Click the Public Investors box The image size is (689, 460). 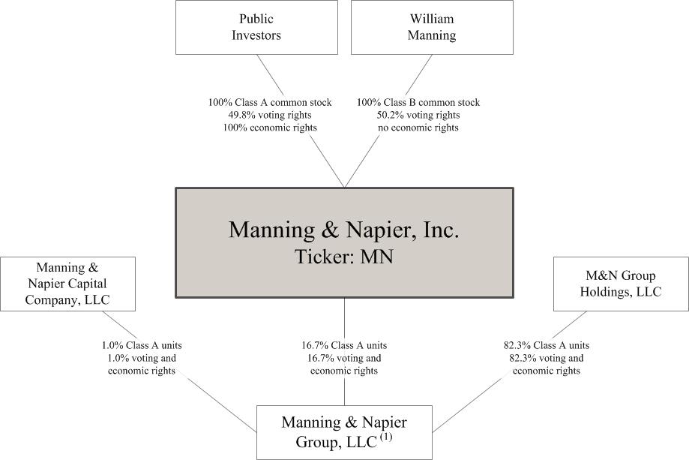click(256, 27)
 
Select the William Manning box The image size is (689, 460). click(432, 27)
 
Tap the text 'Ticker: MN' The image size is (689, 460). click(343, 257)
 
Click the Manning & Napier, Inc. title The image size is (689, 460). click(343, 230)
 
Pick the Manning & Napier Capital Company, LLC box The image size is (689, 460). click(67, 284)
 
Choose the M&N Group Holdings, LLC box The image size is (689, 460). click(621, 284)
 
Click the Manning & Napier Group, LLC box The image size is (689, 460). click(345, 432)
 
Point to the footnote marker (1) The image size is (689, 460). click(386, 437)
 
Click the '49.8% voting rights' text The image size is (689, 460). click(270, 116)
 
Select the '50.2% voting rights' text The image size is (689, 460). click(418, 116)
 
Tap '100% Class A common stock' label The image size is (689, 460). click(270, 103)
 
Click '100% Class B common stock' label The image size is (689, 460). click(418, 103)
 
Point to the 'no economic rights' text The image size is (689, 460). click(418, 128)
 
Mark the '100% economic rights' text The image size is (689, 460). click(270, 128)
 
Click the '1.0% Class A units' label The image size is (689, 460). click(142, 346)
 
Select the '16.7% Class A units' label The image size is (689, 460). click(344, 346)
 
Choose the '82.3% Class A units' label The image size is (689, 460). click(547, 346)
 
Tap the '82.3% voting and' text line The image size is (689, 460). click(547, 359)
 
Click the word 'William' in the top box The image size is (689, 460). click(432, 19)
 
